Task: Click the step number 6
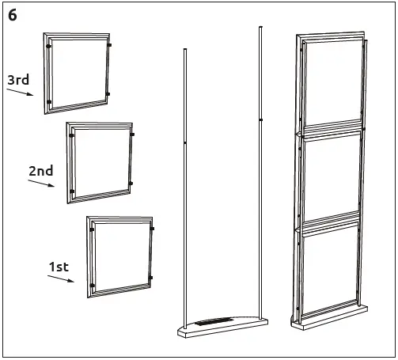pos(13,15)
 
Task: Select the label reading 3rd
pos(19,80)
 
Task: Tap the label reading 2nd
pos(40,171)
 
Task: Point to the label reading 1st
pos(59,267)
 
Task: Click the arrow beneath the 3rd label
pos(21,92)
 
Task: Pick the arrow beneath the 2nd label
pos(41,184)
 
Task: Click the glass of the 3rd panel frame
pos(78,72)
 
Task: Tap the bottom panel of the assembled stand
pos(330,273)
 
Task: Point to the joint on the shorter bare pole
pos(185,143)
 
